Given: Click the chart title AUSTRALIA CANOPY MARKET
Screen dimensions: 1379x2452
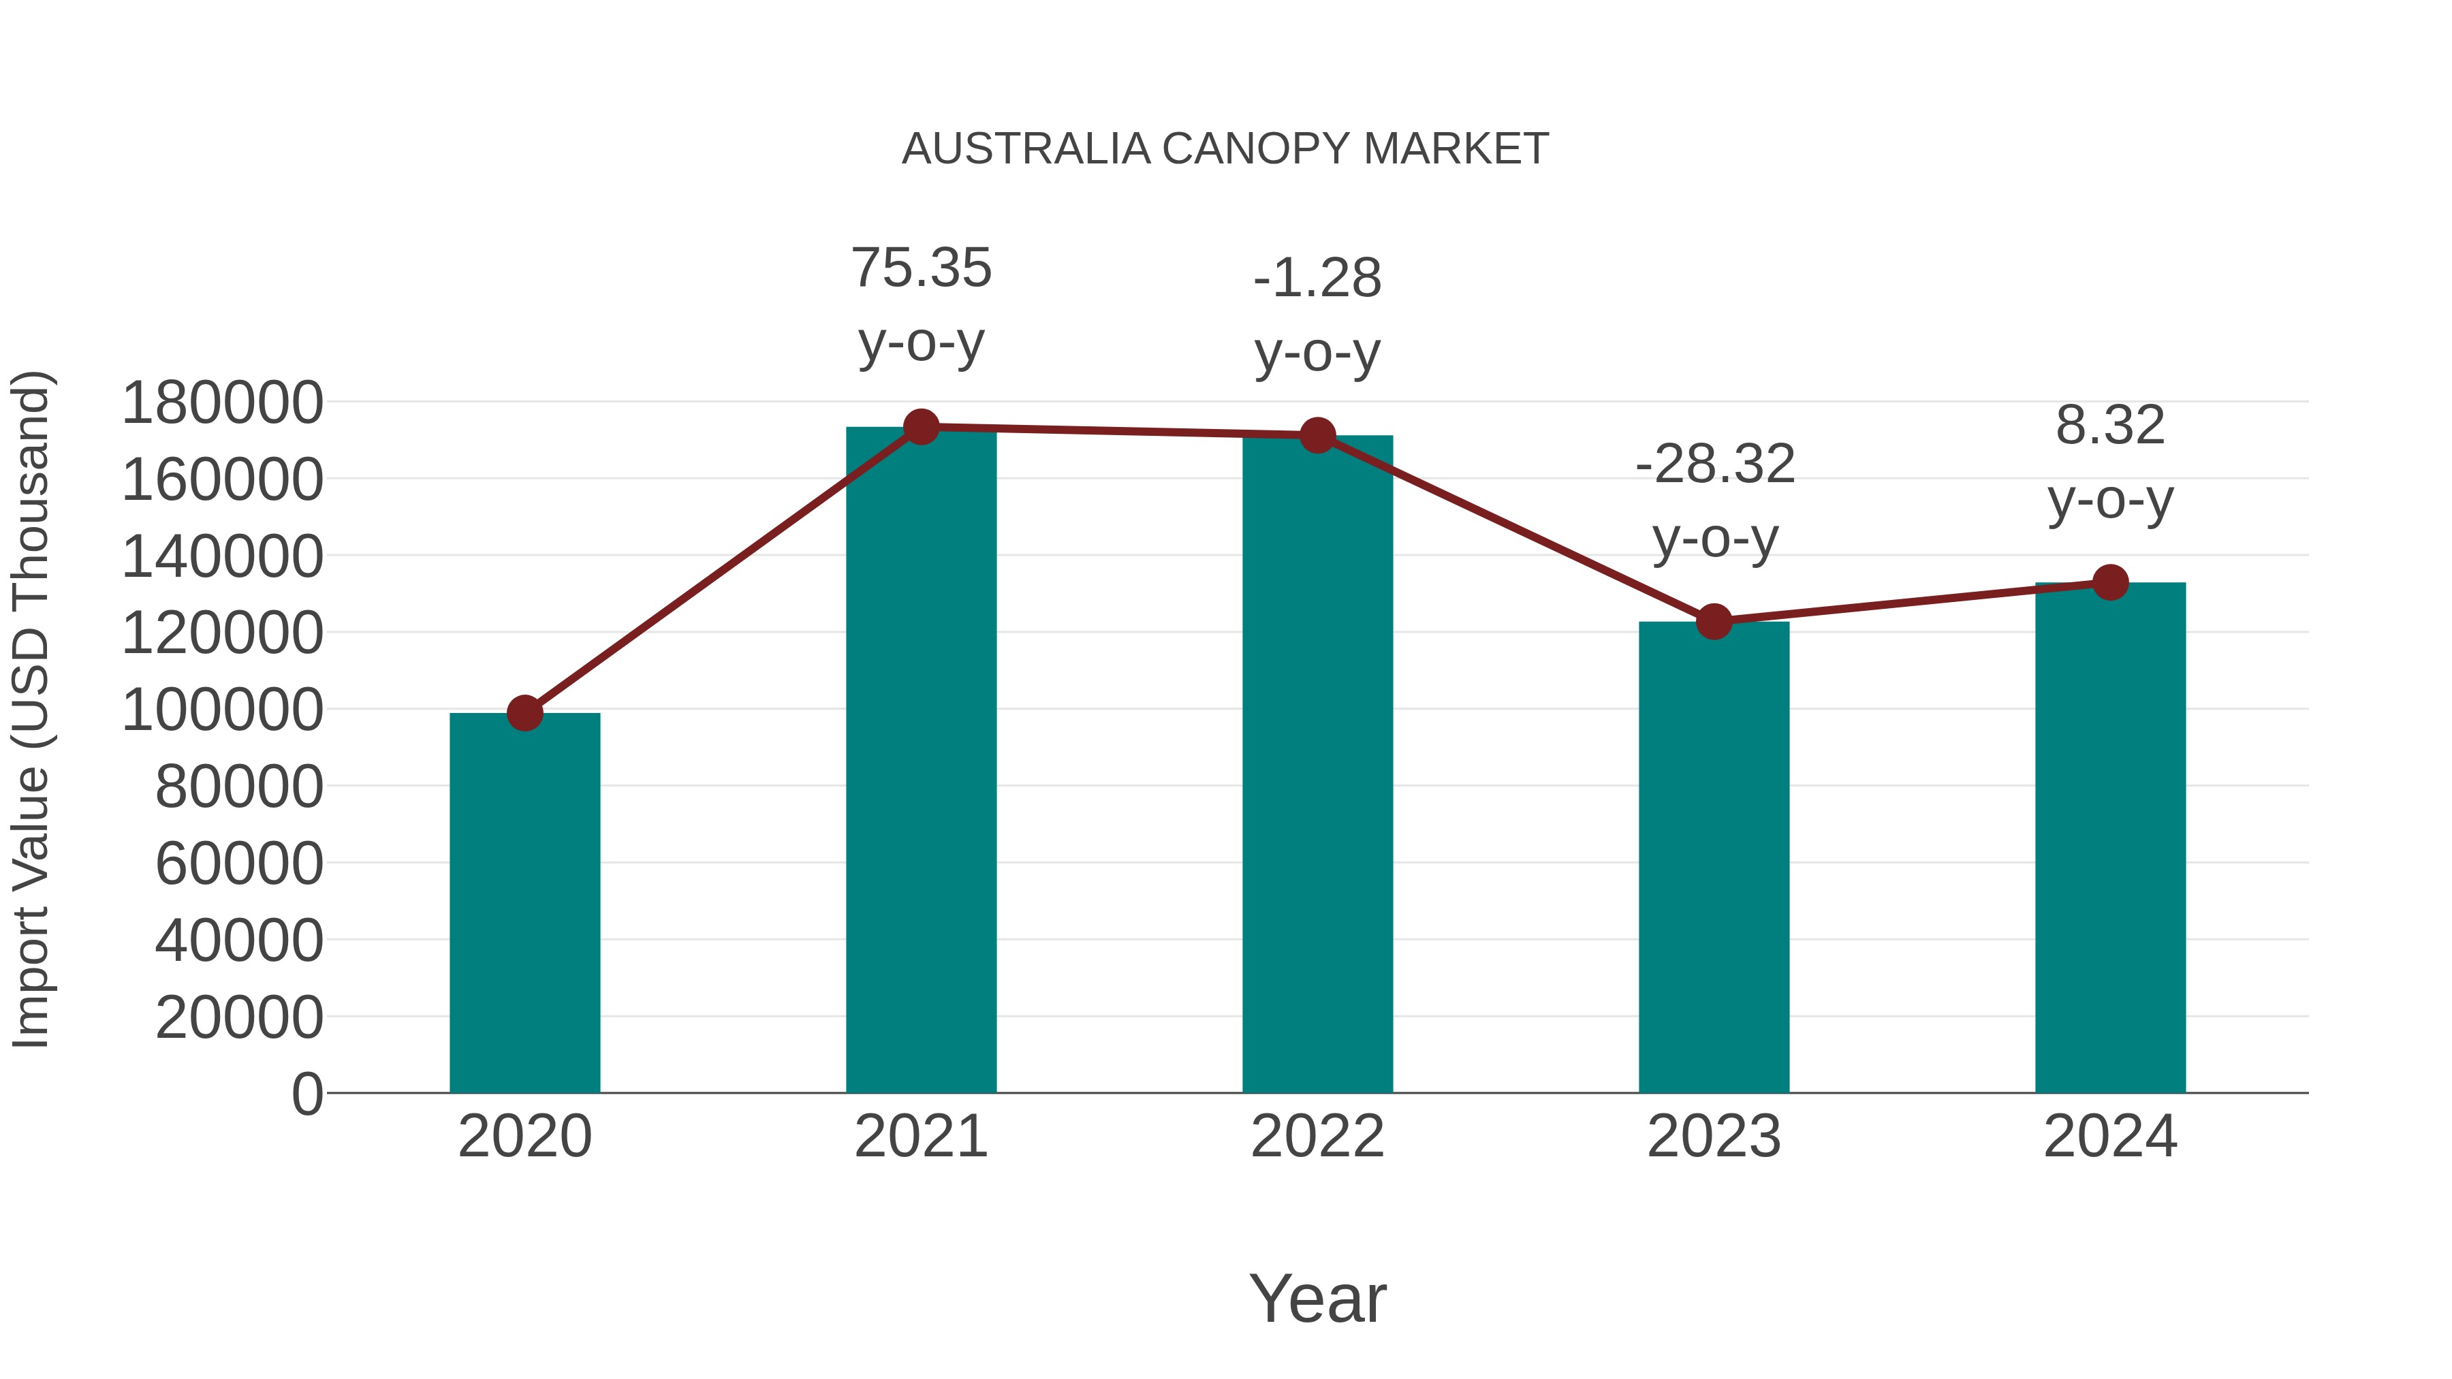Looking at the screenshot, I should (x=1225, y=149).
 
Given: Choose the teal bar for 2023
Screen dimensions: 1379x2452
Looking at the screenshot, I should (x=1714, y=857).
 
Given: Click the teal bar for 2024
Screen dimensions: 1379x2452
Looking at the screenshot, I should (x=2110, y=838).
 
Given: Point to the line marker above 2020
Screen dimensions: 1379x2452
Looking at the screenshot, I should (x=524, y=713).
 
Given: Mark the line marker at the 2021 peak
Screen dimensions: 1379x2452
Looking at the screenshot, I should (x=920, y=427).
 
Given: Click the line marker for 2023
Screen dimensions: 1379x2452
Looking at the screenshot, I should (x=1714, y=622).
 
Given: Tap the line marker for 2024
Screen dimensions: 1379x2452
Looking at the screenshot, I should (x=2110, y=582).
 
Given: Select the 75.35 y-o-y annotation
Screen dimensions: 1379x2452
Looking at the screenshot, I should (x=920, y=304).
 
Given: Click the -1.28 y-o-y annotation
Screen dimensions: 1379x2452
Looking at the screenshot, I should (x=1317, y=315).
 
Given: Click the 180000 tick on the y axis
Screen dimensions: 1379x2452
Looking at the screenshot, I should (x=223, y=402).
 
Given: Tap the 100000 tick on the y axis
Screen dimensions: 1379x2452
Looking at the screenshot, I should (x=223, y=710).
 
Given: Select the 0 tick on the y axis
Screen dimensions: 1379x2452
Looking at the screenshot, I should (x=306, y=1094).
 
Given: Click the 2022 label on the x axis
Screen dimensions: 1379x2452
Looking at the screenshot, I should (x=1317, y=1137).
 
